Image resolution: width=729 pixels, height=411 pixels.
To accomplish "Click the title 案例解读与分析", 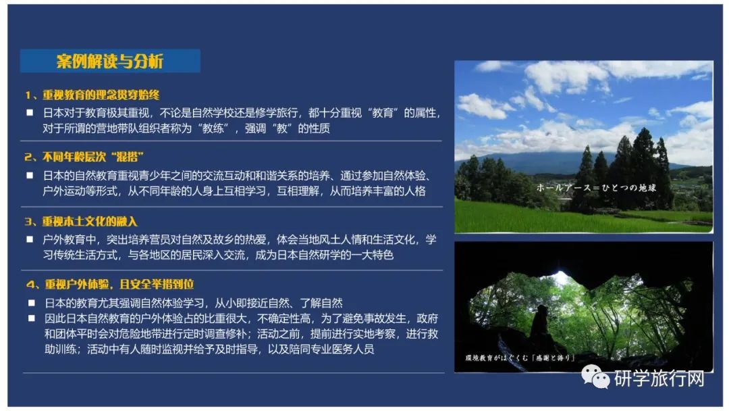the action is coord(110,61).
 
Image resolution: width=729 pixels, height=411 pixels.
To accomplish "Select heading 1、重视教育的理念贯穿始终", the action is coord(92,95).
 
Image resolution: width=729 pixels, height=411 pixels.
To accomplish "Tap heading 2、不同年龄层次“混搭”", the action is coord(84,157).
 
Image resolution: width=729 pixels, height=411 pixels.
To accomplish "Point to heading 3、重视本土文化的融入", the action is coord(82,221).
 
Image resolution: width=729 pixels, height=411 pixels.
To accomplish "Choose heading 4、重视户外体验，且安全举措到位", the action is coord(110,284).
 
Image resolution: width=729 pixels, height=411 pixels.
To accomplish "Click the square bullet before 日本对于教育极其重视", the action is coord(30,113).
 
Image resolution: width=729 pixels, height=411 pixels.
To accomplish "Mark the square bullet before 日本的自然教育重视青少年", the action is coord(30,176).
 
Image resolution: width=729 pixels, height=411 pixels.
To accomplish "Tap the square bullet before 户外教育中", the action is coord(30,239).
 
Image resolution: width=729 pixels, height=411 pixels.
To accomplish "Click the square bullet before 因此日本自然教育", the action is coord(32,318).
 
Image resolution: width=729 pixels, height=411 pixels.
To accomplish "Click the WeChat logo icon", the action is coord(595,377).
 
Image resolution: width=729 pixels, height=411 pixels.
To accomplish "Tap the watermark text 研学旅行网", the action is coord(659,378).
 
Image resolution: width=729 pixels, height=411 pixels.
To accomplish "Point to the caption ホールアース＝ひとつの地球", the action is coord(596,187).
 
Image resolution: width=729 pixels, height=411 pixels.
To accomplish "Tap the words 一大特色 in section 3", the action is coord(372,255).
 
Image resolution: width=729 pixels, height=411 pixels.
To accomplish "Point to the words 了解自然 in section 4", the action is coord(321,303).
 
